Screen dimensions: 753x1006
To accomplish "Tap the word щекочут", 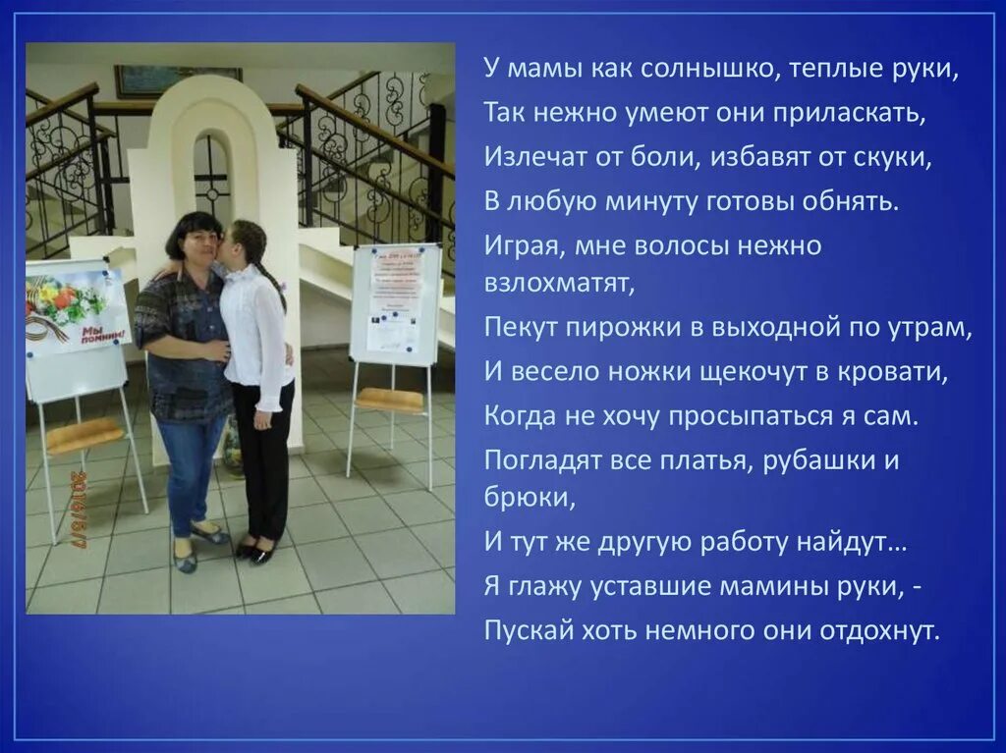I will point(747,372).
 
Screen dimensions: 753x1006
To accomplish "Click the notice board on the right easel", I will point(395,304).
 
